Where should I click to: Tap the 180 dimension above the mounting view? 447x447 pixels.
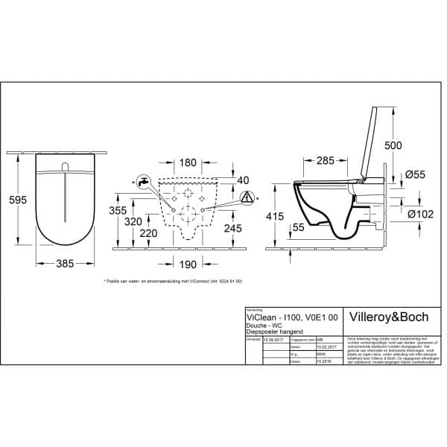[x=188, y=163]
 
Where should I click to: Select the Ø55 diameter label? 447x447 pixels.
[x=416, y=175]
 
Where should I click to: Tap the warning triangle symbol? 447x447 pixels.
[x=247, y=198]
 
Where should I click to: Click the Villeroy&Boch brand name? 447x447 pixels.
[x=390, y=317]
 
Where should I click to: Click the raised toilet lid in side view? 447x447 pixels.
[x=373, y=142]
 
